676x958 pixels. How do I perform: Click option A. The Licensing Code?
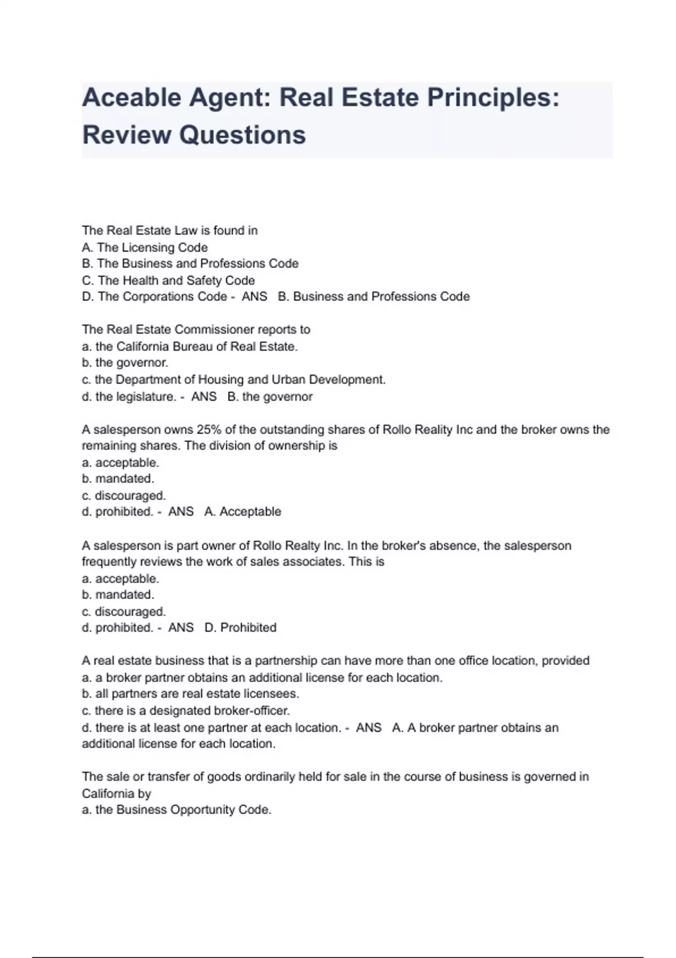click(145, 247)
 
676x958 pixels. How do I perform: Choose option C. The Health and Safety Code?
click(168, 280)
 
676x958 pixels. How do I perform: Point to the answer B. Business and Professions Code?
click(373, 296)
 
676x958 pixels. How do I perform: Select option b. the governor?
click(125, 362)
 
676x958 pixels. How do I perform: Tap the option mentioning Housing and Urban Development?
click(234, 379)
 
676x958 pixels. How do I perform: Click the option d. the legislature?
click(129, 396)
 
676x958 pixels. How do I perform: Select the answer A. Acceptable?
click(243, 512)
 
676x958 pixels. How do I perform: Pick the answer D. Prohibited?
click(241, 628)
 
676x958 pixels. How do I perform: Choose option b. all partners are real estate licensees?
click(190, 694)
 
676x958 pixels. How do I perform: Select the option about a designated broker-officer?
click(186, 711)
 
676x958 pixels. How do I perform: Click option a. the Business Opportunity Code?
click(176, 810)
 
